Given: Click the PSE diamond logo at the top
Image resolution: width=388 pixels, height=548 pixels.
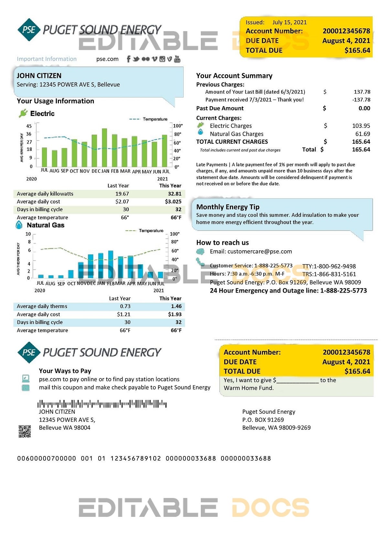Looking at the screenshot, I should pos(29,30).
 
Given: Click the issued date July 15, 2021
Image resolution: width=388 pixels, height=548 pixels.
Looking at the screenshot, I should pos(289,22).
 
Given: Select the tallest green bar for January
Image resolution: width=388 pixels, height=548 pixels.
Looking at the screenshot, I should pos(104,147).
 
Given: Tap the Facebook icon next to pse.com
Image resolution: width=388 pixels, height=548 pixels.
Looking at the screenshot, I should pos(128,59).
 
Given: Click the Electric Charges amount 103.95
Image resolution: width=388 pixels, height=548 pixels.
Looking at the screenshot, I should pos(361,126).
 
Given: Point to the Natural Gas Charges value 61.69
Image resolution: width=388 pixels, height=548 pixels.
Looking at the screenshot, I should pos(362,134).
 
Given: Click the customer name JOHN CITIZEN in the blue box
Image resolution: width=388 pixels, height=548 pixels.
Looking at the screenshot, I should pos(39,76).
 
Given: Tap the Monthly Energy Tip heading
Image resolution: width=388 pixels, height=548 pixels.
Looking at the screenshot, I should pos(228,207).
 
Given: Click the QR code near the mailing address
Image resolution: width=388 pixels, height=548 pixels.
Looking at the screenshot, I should pos(25,431).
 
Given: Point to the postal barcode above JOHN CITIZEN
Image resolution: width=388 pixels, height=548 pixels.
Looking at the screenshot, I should pos(102,404).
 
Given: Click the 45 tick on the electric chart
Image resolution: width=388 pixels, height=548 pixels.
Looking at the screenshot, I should pos(29,126).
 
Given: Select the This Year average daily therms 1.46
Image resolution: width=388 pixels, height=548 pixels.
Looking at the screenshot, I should pos(176,306).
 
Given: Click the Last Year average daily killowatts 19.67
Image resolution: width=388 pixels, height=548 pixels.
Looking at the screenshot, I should pos(122,194).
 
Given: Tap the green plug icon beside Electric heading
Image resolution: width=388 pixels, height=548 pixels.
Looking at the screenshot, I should pos(23,113).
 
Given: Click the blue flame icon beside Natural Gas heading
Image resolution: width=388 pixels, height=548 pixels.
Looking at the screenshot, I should pos(19,225).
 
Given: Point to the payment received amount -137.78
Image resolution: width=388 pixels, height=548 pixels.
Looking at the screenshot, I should pos(361,100).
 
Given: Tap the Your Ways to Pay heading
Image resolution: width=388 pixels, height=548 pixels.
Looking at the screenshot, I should pos(65,371).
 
